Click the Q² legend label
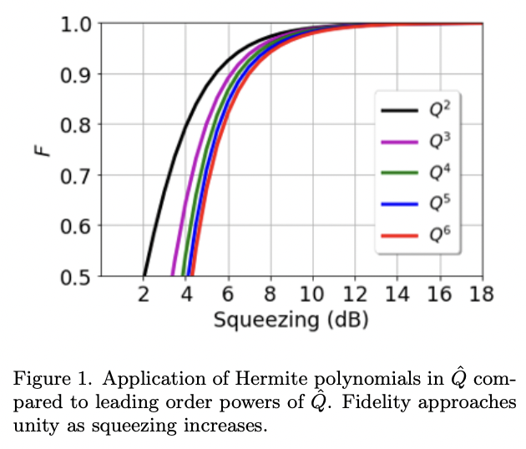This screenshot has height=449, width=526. [x=440, y=109]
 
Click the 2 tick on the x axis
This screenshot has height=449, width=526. [x=144, y=295]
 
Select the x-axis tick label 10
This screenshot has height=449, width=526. [x=313, y=295]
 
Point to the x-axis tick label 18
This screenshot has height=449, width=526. [x=482, y=295]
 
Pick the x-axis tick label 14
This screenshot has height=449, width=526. [x=397, y=295]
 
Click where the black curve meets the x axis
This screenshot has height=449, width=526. [x=144, y=275]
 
